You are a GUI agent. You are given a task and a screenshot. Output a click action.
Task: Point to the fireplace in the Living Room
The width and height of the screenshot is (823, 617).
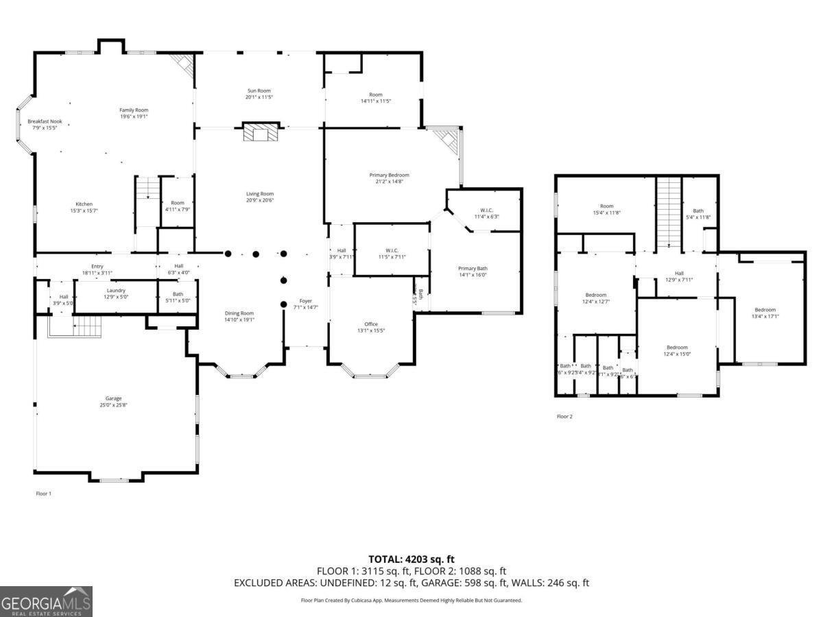(261, 132)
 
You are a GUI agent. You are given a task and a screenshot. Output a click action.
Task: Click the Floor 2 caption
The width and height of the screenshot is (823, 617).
(564, 416)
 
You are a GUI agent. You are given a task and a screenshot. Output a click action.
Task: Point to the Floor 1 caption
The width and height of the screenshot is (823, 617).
(43, 494)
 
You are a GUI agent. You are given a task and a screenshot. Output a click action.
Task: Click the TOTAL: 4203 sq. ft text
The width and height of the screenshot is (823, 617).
(411, 559)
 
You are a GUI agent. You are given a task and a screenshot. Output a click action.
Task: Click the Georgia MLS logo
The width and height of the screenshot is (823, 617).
(46, 602)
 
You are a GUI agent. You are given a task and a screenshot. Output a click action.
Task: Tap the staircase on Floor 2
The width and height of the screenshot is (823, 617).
(669, 213)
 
